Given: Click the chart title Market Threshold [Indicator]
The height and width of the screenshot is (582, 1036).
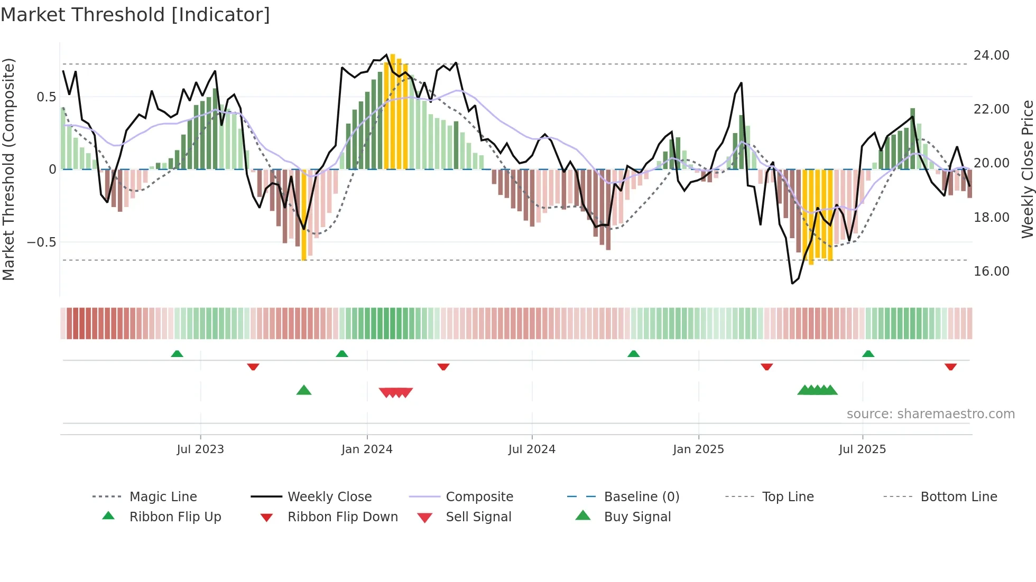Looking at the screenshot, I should tap(135, 15).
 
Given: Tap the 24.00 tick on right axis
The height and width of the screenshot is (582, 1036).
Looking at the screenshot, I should tap(991, 55).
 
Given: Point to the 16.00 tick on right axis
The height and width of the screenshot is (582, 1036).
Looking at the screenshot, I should tap(991, 271).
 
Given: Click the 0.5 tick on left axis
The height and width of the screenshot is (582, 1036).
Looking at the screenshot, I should tap(47, 97).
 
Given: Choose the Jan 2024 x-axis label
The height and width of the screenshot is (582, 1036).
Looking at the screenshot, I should tap(367, 449).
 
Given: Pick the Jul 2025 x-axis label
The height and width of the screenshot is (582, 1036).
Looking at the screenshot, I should tap(862, 449).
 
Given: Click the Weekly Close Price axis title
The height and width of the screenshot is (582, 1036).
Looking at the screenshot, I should tap(1027, 169).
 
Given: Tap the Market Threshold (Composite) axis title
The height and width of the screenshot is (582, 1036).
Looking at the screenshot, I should tap(8, 169).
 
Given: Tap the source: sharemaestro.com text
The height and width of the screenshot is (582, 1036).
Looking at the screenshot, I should tap(930, 414).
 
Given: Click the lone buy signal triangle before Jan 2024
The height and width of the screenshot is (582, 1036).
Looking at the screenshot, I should tap(304, 390).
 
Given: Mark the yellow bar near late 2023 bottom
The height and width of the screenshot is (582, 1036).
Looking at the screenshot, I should tap(304, 217).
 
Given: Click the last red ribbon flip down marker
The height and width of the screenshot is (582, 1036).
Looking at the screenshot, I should tap(950, 367).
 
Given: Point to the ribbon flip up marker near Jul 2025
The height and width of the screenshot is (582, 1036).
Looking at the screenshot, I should tap(868, 354).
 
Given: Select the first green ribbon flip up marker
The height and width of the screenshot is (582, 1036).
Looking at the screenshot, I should tap(177, 354).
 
